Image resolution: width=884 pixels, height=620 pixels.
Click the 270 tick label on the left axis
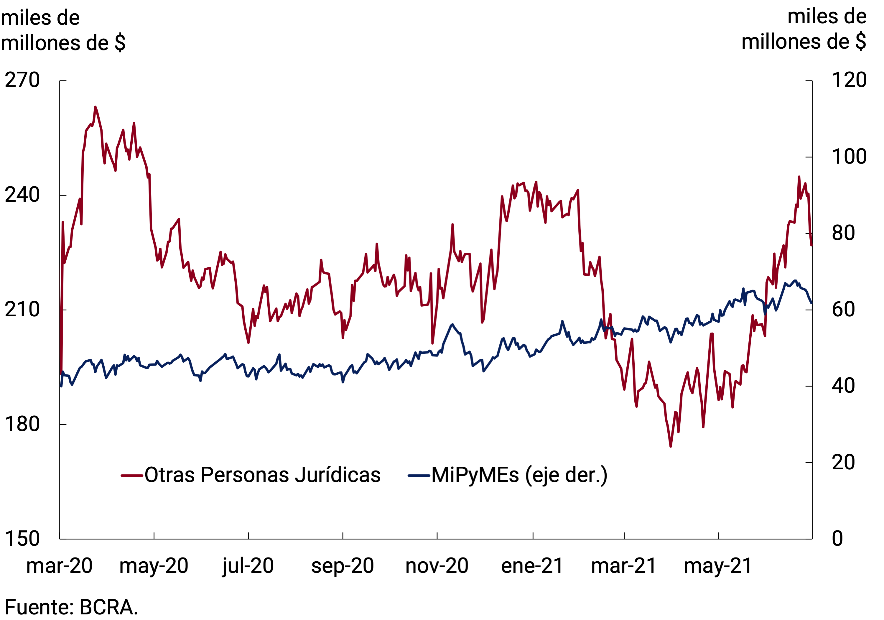pyautogui.click(x=22, y=80)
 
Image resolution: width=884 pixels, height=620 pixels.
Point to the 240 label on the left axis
pyautogui.click(x=22, y=195)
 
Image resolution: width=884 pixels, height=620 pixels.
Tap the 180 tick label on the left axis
pyautogui.click(x=22, y=424)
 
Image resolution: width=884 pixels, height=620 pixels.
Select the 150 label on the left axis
pyautogui.click(x=22, y=538)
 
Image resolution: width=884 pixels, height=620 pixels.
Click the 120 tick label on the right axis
pyautogui.click(x=849, y=80)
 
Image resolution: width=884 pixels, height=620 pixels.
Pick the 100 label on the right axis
pyautogui.click(x=849, y=157)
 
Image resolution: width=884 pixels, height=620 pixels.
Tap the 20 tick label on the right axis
pyautogui.click(x=843, y=462)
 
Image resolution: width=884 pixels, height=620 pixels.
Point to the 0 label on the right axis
pyautogui.click(x=837, y=538)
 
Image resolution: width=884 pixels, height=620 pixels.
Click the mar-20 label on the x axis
pyautogui.click(x=59, y=566)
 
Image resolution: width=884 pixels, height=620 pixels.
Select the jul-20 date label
pyautogui.click(x=248, y=566)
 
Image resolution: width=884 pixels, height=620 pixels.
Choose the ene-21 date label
pyautogui.click(x=532, y=566)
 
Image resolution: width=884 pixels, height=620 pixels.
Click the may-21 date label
pyautogui.click(x=718, y=566)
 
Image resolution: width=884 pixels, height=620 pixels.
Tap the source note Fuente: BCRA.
pyautogui.click(x=71, y=607)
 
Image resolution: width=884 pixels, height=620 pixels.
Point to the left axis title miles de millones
pyautogui.click(x=63, y=30)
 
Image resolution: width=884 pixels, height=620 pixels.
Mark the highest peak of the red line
pyautogui.click(x=95, y=107)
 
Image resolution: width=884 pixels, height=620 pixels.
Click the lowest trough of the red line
pyautogui.click(x=670, y=446)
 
